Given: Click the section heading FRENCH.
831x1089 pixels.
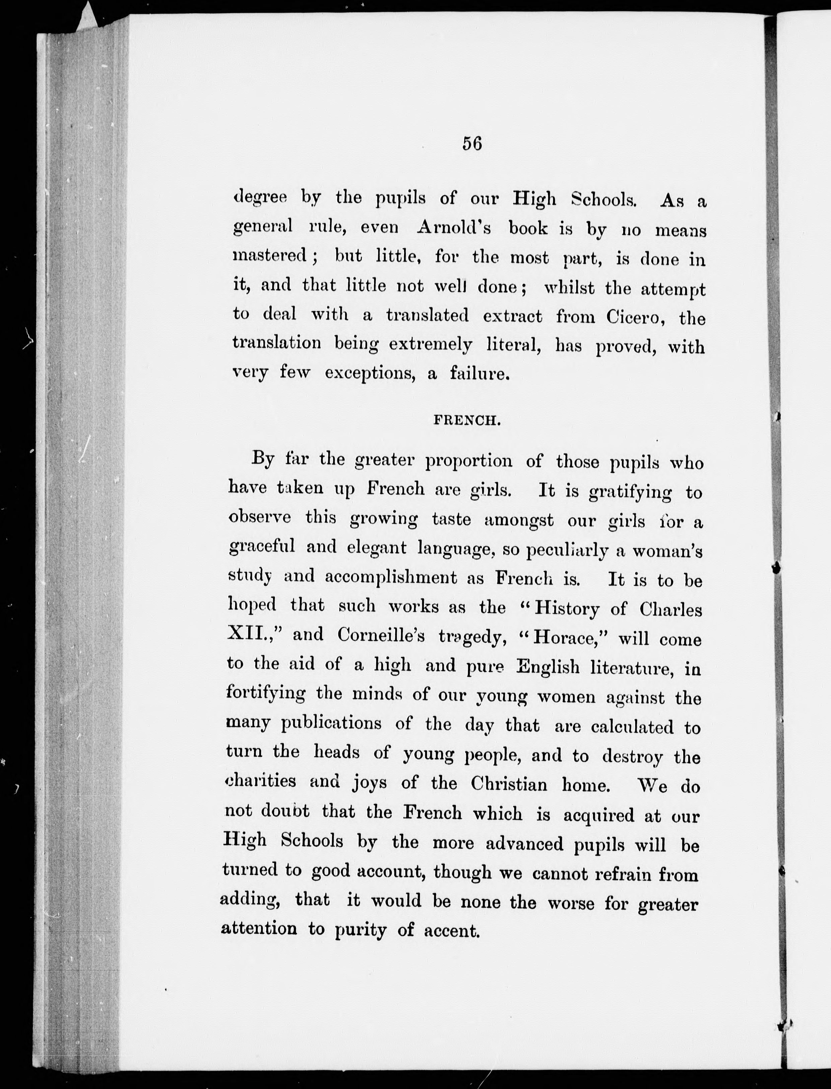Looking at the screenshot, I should pos(467,421).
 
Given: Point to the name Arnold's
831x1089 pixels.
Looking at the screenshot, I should pos(454,227).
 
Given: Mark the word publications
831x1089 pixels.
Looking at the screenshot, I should pos(331,724).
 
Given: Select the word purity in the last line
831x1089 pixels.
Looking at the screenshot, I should pos(361,931).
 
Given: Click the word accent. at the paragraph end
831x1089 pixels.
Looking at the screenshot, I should pos(452,932).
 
